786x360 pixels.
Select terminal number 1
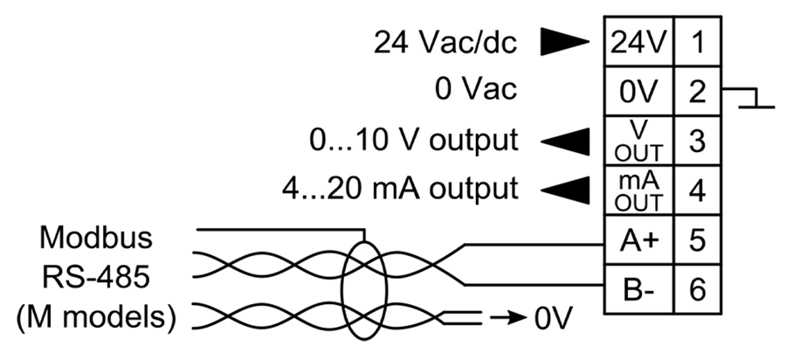(697, 41)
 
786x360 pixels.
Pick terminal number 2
(697, 90)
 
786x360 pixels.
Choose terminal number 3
(697, 139)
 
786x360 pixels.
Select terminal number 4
(697, 188)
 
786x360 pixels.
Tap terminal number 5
(697, 238)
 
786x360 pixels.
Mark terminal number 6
(697, 287)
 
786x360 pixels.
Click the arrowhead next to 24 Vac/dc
(563, 41)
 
